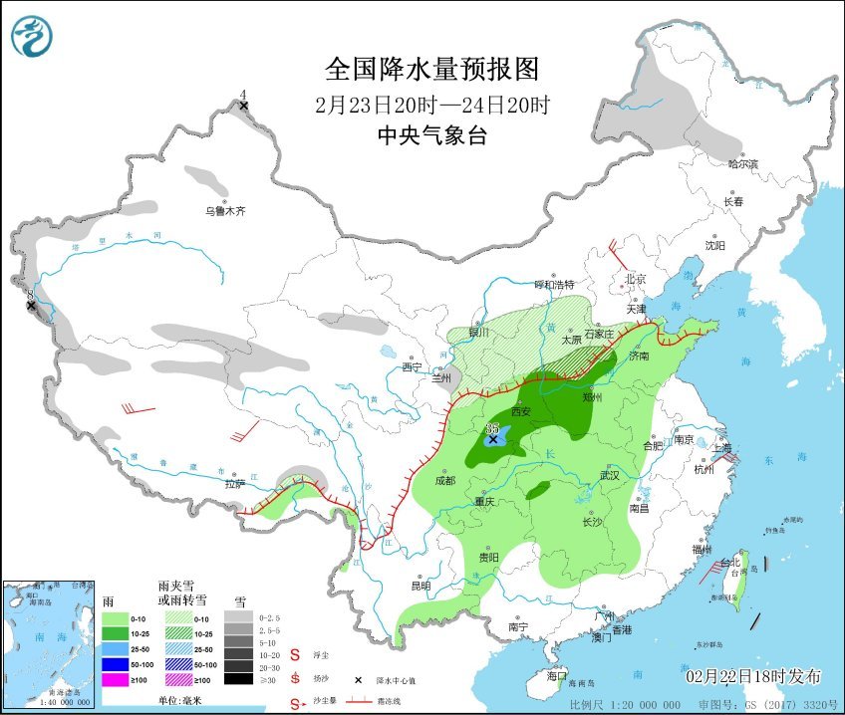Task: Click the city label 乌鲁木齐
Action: [x=224, y=211]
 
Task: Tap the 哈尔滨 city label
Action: [x=742, y=163]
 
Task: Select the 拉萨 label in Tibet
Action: [x=234, y=484]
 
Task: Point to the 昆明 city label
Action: [x=421, y=586]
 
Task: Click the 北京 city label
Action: [x=636, y=279]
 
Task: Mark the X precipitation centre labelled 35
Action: [x=492, y=438]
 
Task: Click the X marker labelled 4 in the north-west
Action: [x=242, y=105]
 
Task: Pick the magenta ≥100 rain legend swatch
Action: [x=118, y=679]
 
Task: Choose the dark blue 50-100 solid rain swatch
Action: [x=118, y=663]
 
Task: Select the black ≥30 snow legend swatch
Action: [x=237, y=679]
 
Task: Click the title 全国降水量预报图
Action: [x=431, y=69]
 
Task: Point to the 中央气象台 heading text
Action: [x=431, y=136]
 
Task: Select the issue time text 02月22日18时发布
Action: [x=753, y=676]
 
